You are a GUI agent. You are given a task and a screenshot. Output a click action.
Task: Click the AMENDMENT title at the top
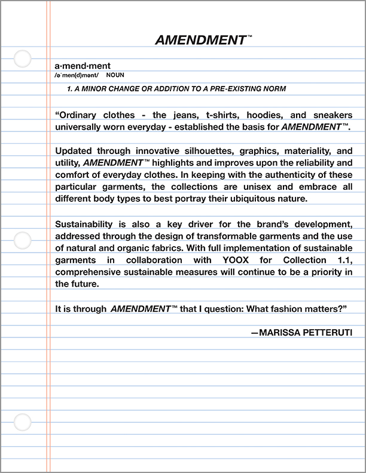[x=200, y=41]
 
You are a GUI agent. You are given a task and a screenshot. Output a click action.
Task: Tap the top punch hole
[x=22, y=59]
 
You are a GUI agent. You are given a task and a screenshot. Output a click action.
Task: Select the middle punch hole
[x=22, y=240]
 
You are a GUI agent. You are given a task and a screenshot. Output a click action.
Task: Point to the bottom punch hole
[x=22, y=422]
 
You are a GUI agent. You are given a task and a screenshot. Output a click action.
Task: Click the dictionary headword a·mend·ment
[x=83, y=66]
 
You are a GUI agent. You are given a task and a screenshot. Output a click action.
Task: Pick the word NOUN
[x=115, y=76]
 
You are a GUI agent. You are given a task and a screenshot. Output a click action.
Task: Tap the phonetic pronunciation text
[x=76, y=76]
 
